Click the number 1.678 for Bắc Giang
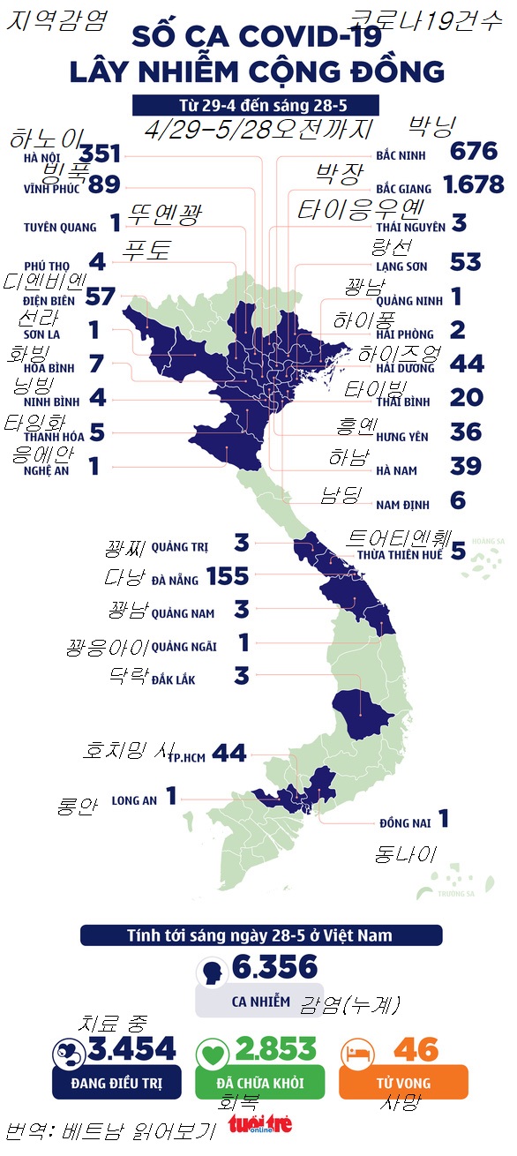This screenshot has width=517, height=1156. point(474,184)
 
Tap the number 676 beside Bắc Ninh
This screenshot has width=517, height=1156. point(474,152)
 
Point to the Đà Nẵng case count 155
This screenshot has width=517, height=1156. point(228,576)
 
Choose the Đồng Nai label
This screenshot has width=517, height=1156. point(405,822)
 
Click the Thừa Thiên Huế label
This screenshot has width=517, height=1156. point(399,556)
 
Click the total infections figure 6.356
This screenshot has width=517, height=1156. point(274,968)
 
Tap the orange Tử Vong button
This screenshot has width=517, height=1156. point(403,1082)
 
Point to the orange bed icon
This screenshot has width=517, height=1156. point(357,1051)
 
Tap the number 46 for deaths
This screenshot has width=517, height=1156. point(416,1049)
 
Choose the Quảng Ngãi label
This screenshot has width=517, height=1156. point(184,647)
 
